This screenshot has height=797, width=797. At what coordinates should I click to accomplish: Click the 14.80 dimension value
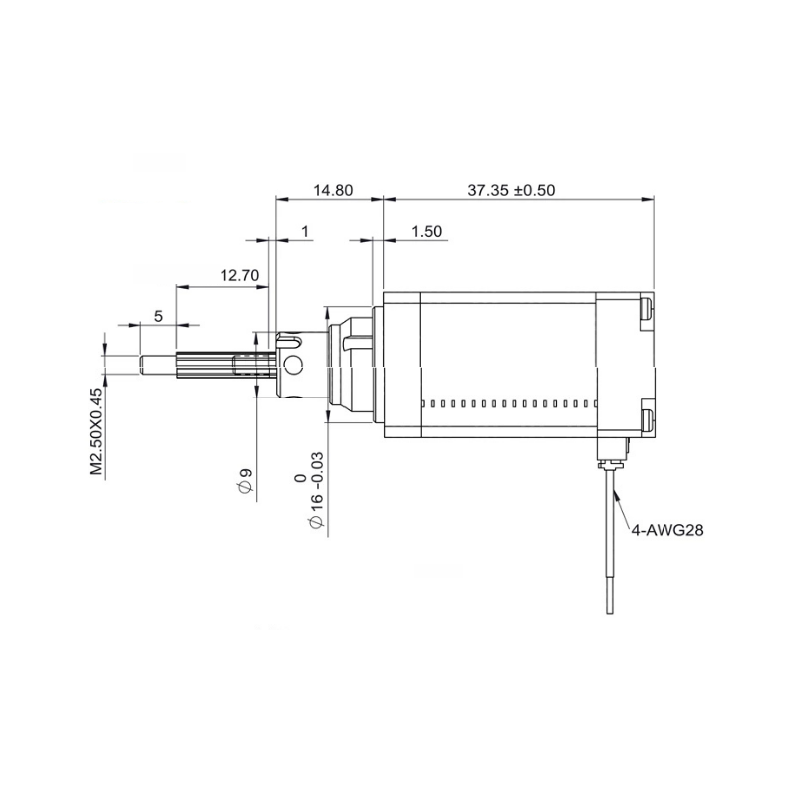point(333,190)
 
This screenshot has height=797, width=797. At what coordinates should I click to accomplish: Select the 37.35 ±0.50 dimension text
point(511,190)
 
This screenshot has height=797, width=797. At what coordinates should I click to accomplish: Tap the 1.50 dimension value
point(426,231)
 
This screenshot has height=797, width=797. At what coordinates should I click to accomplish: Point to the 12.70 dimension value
point(239,275)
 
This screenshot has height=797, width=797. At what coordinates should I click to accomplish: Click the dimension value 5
point(158,316)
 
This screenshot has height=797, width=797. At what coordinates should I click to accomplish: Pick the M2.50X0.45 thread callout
point(96,431)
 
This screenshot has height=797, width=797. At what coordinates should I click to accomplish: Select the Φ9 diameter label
point(245,481)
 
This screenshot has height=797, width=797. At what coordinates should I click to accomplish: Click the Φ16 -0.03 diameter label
point(315,489)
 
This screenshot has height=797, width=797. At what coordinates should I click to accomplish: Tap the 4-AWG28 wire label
point(666,530)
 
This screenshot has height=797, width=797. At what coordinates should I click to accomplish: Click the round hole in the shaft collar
point(293,364)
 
